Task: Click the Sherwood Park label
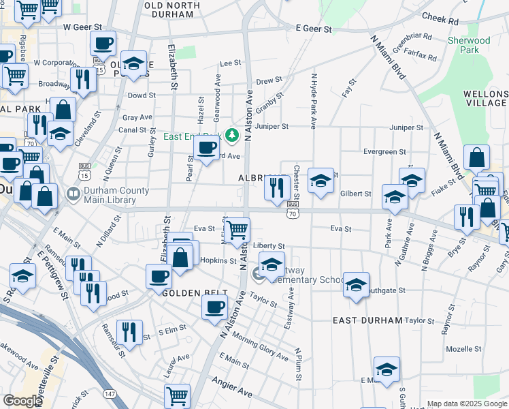[x=470, y=45]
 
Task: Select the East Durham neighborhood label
[x=367, y=320]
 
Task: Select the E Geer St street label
[x=314, y=29]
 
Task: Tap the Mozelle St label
[x=463, y=348]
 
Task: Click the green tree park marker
[x=233, y=135]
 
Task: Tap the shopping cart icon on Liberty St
[x=237, y=230]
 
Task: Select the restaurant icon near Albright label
[x=277, y=187]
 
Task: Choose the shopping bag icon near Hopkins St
[x=180, y=258]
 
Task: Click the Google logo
[x=22, y=401]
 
